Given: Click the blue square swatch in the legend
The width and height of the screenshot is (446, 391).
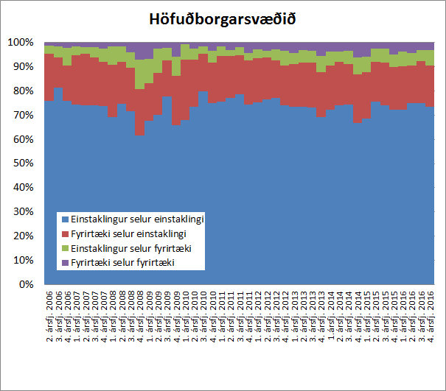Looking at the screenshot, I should (65, 219).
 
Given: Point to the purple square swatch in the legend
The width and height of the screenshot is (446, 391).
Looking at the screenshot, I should (65, 262).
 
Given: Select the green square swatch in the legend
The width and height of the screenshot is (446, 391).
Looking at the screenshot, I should (65, 248).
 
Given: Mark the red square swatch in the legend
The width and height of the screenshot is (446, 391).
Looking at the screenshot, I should (65, 233).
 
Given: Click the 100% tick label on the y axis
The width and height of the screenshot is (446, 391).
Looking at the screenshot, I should (21, 43).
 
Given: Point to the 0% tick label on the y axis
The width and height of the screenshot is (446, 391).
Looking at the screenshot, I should (27, 284).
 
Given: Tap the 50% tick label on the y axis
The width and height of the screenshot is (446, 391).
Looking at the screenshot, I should (24, 163).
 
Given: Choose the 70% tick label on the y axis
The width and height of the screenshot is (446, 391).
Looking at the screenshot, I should (24, 116).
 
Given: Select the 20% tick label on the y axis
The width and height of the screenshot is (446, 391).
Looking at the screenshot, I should (24, 236).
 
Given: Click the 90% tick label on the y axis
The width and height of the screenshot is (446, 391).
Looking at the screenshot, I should (24, 67).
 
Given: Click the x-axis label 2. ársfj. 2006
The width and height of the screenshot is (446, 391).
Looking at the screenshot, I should (49, 312).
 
